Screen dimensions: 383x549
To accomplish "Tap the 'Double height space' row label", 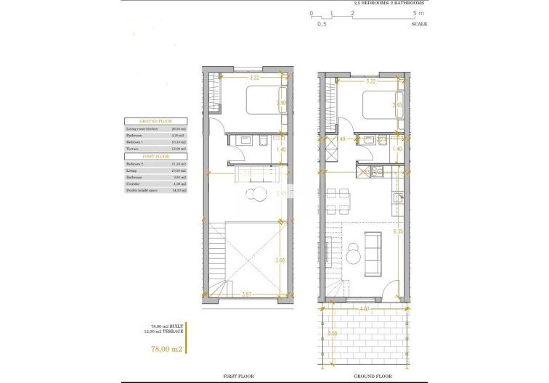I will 142,190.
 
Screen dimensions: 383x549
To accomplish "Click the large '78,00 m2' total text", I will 166,349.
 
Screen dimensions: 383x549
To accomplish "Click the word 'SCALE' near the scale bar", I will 419,24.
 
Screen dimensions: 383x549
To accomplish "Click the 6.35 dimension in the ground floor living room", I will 396,232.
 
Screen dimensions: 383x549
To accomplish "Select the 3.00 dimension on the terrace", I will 333,334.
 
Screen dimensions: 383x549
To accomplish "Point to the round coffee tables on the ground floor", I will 353,254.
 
